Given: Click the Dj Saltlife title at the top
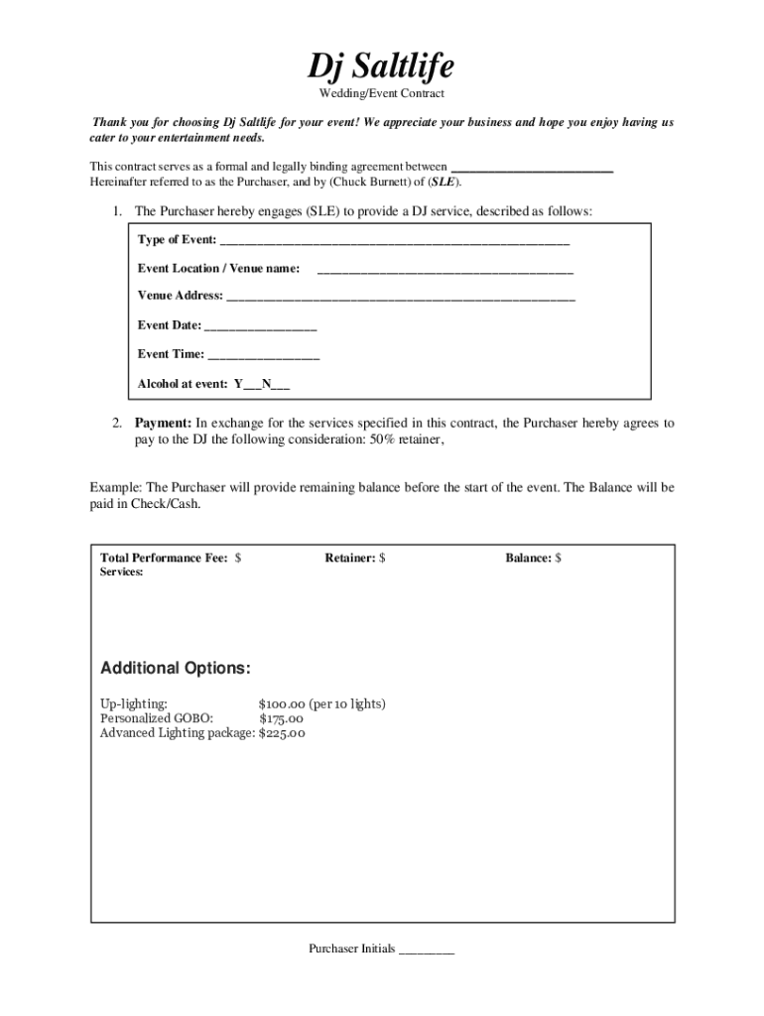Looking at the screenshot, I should (x=381, y=66).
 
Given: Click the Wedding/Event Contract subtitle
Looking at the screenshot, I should (x=381, y=93).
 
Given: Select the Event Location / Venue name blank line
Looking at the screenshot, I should (x=445, y=270).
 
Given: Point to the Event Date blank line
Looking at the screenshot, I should (x=260, y=326).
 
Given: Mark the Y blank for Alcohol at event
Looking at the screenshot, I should (x=252, y=385).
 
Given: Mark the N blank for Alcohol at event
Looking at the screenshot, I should (x=282, y=385).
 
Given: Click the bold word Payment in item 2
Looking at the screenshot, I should (x=163, y=423).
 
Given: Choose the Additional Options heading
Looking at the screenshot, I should (x=176, y=668).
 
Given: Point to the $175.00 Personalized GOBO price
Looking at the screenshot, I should (x=281, y=719).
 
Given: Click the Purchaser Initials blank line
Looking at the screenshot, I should (x=426, y=951).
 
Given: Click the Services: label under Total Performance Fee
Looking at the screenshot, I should (x=122, y=572).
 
